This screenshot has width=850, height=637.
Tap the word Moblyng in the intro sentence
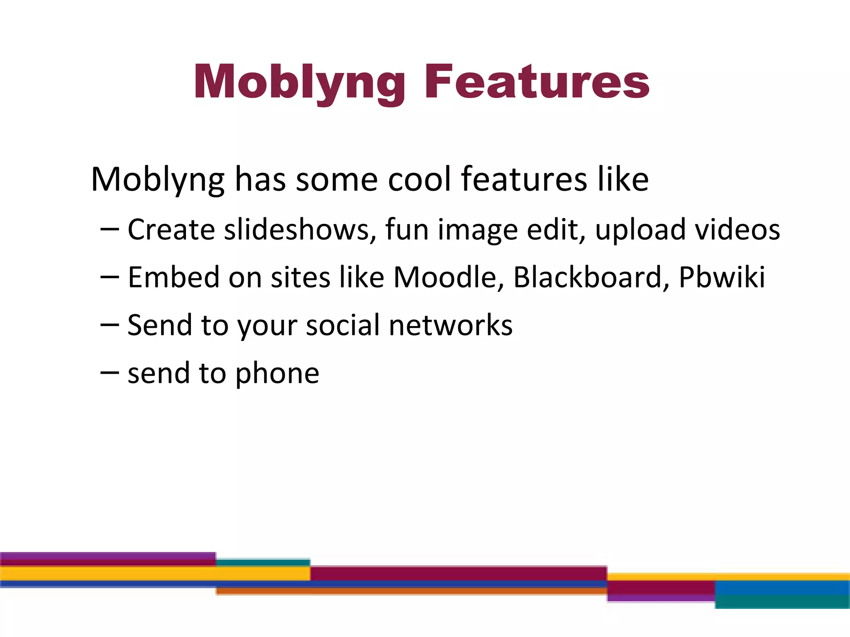(158, 180)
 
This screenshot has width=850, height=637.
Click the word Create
(171, 229)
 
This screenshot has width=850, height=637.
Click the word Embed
(173, 277)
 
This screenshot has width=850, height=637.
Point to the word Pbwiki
(722, 277)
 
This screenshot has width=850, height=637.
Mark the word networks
(451, 325)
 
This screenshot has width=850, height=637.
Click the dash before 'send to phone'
(110, 372)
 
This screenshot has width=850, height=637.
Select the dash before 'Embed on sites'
(110, 277)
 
